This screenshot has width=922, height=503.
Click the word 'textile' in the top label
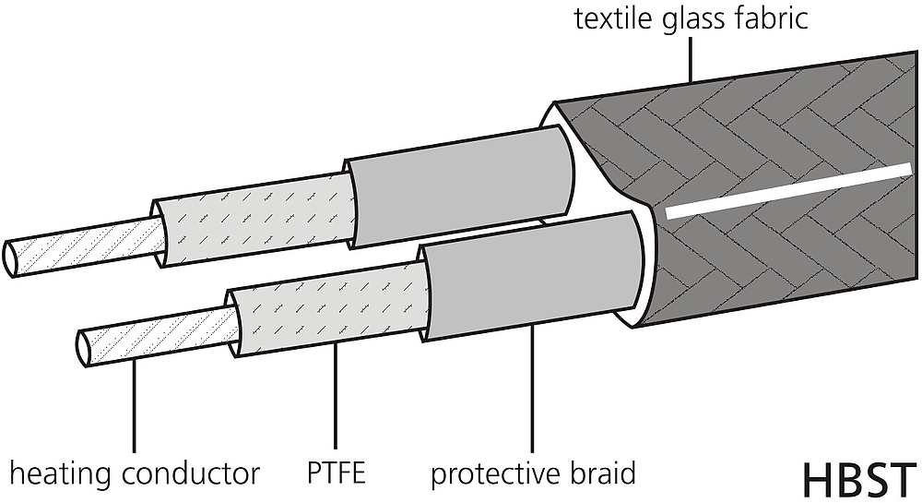tap(612, 18)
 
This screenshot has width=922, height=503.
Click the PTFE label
tap(337, 473)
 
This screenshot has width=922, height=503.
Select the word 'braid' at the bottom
tap(602, 473)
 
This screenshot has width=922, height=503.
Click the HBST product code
tap(859, 481)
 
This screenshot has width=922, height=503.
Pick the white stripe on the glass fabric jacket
tap(788, 191)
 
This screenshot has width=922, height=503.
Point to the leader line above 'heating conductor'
tap(135, 405)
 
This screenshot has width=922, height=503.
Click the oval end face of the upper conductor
tap(11, 258)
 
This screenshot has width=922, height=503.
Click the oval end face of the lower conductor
tap(85, 348)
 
